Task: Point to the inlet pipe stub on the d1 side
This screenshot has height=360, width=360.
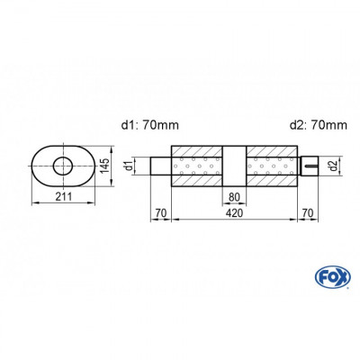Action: point(160,166)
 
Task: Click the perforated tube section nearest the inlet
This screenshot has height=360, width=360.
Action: point(196,166)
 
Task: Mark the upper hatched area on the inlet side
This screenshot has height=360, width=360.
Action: point(196,150)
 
